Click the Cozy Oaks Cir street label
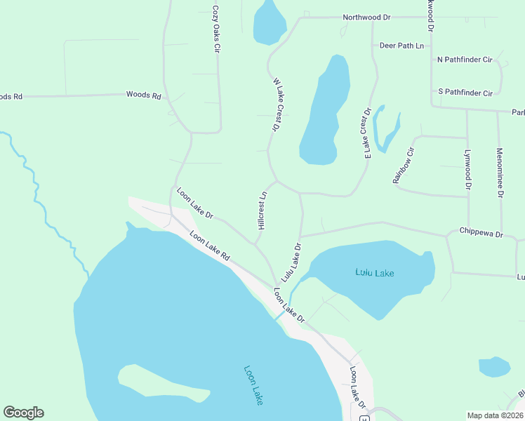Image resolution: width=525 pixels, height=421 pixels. coord(217,32)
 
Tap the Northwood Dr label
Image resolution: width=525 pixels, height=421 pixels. coord(366,17)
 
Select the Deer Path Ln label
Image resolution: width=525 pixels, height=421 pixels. coord(402,46)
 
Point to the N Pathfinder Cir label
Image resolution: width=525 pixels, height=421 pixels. coord(465,60)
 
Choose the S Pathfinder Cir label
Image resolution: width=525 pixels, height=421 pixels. coord(465,93)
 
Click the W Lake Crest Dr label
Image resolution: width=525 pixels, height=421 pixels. coord(277,105)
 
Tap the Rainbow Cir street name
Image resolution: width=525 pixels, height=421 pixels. coord(404,165)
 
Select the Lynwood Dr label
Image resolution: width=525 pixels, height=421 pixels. coord(467,169)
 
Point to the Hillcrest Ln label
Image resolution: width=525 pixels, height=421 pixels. coord(262,211)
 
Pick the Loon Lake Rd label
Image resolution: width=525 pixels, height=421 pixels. coord(210,248)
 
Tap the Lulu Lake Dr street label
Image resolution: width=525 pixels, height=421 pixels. coord(291,262)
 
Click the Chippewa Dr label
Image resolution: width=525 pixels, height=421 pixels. coord(481,232)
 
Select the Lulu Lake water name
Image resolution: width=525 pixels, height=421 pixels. coord(374,272)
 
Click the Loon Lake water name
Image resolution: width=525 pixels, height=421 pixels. coord(253,385)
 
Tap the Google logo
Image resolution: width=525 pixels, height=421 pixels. coord(23,413)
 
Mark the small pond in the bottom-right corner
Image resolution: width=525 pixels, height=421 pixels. coord(494,367)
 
